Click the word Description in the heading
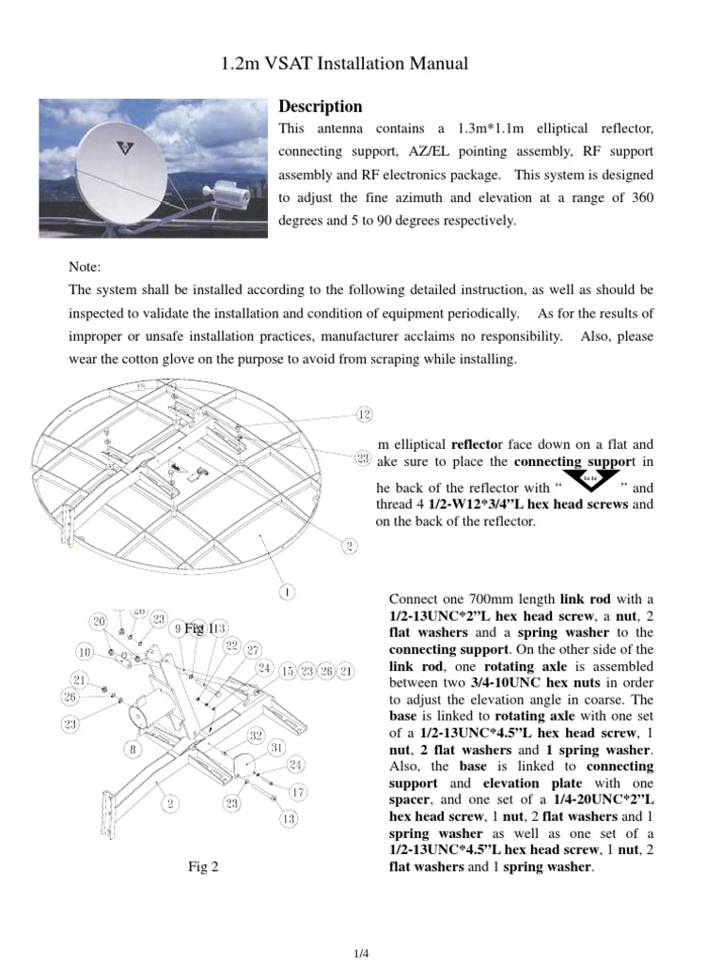coord(321,106)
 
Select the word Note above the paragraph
coord(85,268)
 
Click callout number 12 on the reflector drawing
coord(364,414)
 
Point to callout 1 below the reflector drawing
coord(288,592)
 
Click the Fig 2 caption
coord(203,867)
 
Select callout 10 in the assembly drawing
coord(85,651)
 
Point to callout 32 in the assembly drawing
coord(256,734)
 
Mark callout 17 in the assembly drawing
coord(296,792)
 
